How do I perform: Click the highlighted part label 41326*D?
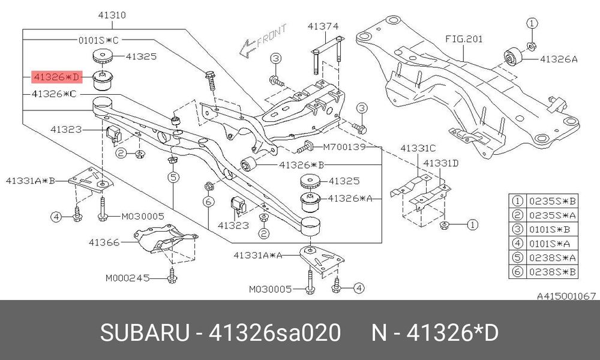[x=56, y=77]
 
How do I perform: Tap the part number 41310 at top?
[x=112, y=16]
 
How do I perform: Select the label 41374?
[x=323, y=26]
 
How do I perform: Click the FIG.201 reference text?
[x=464, y=39]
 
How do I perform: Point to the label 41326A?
[x=559, y=59]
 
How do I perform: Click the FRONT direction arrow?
[x=263, y=41]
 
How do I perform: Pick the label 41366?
[x=104, y=242]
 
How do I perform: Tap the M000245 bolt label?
[x=127, y=278]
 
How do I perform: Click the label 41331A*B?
[x=31, y=180]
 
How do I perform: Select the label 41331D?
[x=440, y=163]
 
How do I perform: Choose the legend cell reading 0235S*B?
[x=552, y=201]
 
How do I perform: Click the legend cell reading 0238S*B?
[x=552, y=272]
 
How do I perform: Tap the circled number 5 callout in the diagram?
[x=173, y=177]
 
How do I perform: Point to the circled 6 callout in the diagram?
[x=208, y=201]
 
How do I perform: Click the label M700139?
[x=344, y=147]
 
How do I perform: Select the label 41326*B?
[x=302, y=165]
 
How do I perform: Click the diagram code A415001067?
[x=566, y=296]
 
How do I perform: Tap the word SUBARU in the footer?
[x=145, y=332]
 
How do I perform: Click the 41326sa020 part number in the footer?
[x=274, y=332]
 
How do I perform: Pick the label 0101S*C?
[x=98, y=40]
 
